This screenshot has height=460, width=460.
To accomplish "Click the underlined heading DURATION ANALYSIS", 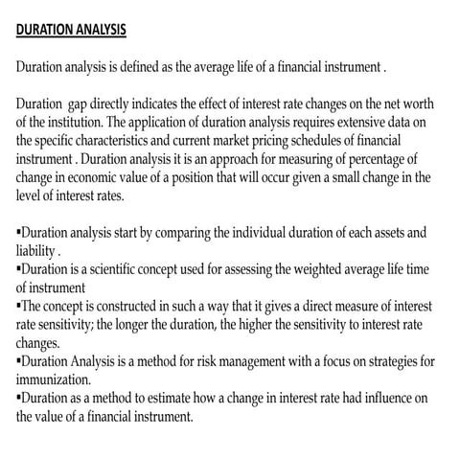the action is (71, 29).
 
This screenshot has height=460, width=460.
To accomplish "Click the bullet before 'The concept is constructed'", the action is (19, 305).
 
